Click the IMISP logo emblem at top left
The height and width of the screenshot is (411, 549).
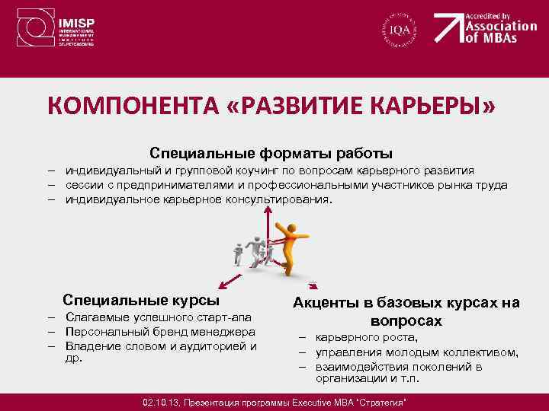(x=35, y=29)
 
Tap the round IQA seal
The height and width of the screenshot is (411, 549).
(x=400, y=30)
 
